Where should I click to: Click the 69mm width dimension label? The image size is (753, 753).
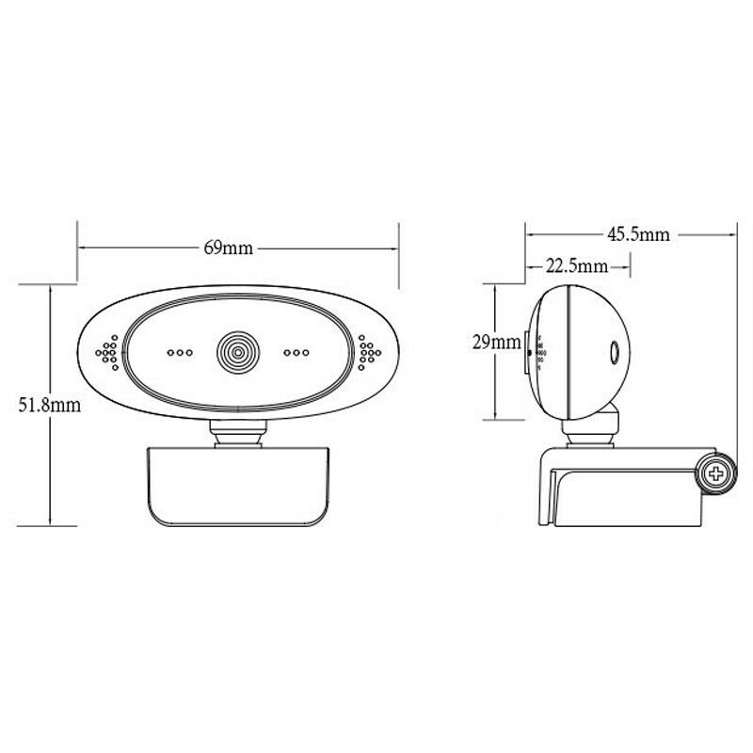click(x=228, y=248)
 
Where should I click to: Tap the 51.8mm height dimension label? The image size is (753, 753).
click(x=50, y=406)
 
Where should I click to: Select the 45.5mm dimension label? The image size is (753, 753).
click(x=638, y=234)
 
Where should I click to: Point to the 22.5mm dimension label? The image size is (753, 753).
click(x=576, y=265)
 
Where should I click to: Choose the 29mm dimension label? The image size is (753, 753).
click(x=497, y=343)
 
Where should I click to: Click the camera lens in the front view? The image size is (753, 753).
click(x=238, y=352)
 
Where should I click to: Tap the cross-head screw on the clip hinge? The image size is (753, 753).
click(x=716, y=474)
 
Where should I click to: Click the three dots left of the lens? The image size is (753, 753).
click(x=180, y=352)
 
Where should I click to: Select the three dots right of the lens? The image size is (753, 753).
click(x=296, y=352)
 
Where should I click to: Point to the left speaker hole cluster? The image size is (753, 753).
click(x=107, y=352)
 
